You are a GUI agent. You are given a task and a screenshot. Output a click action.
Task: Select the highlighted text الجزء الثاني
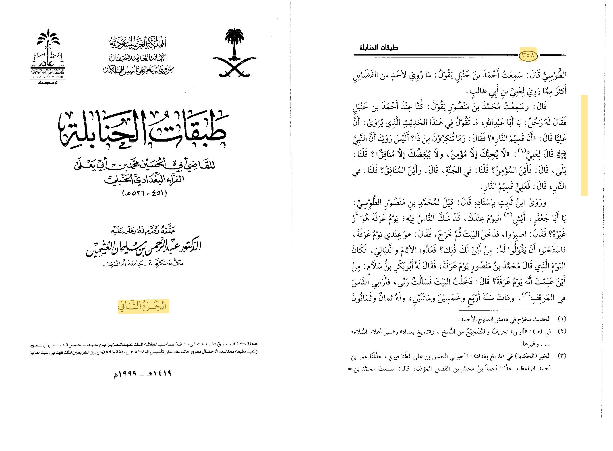[x=143, y=306]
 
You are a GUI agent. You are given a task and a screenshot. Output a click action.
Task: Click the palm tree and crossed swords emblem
[x=234, y=54]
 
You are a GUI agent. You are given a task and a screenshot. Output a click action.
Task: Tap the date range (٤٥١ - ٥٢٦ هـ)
[x=144, y=193]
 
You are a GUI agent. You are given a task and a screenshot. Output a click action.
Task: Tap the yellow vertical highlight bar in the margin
[x=584, y=146]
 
